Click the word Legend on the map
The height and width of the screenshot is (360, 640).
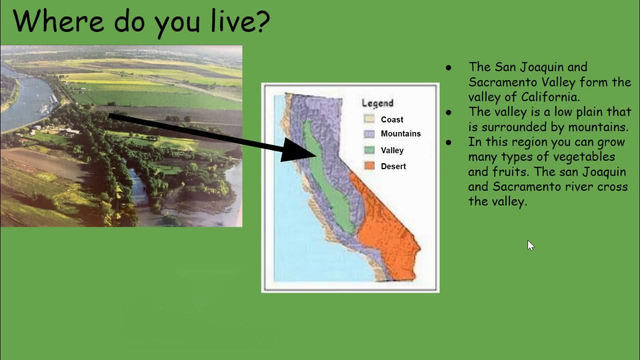[377, 103]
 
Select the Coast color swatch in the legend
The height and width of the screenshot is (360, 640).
[369, 119]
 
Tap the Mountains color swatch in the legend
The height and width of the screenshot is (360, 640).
[369, 133]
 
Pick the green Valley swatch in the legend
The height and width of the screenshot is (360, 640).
[369, 150]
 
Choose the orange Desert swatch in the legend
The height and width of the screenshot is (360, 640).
[369, 166]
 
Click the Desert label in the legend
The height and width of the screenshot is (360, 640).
[393, 166]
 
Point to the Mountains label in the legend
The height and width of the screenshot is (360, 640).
[400, 133]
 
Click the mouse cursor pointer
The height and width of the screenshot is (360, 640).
[530, 245]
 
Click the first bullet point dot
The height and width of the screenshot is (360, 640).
[448, 67]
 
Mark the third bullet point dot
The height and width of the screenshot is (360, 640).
[448, 142]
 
